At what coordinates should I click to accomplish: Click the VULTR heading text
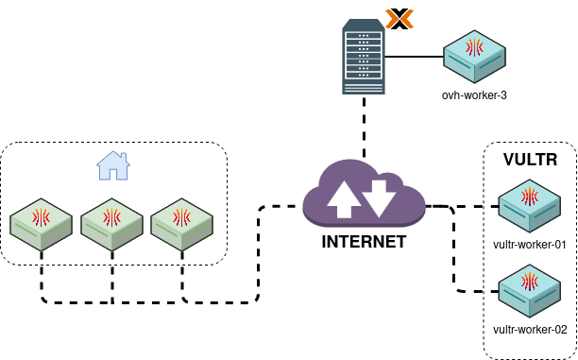click(530, 160)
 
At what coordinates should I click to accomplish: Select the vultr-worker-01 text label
click(530, 245)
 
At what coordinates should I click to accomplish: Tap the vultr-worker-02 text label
click(530, 330)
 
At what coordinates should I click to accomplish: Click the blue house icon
click(113, 165)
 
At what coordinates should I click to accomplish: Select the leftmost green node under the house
click(42, 224)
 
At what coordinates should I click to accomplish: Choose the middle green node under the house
click(111, 224)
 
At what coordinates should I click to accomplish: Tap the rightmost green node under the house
click(181, 224)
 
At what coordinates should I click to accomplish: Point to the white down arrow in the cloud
click(379, 197)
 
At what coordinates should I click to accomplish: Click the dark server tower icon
click(364, 60)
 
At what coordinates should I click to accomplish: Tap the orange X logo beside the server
click(399, 19)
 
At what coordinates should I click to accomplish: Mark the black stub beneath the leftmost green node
click(42, 254)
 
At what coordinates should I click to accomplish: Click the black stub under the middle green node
click(112, 254)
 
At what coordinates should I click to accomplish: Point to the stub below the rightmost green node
click(181, 254)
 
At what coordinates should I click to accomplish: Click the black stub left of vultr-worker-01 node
click(494, 205)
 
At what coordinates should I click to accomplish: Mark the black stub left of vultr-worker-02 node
click(494, 291)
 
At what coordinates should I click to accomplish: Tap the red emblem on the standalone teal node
click(475, 46)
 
